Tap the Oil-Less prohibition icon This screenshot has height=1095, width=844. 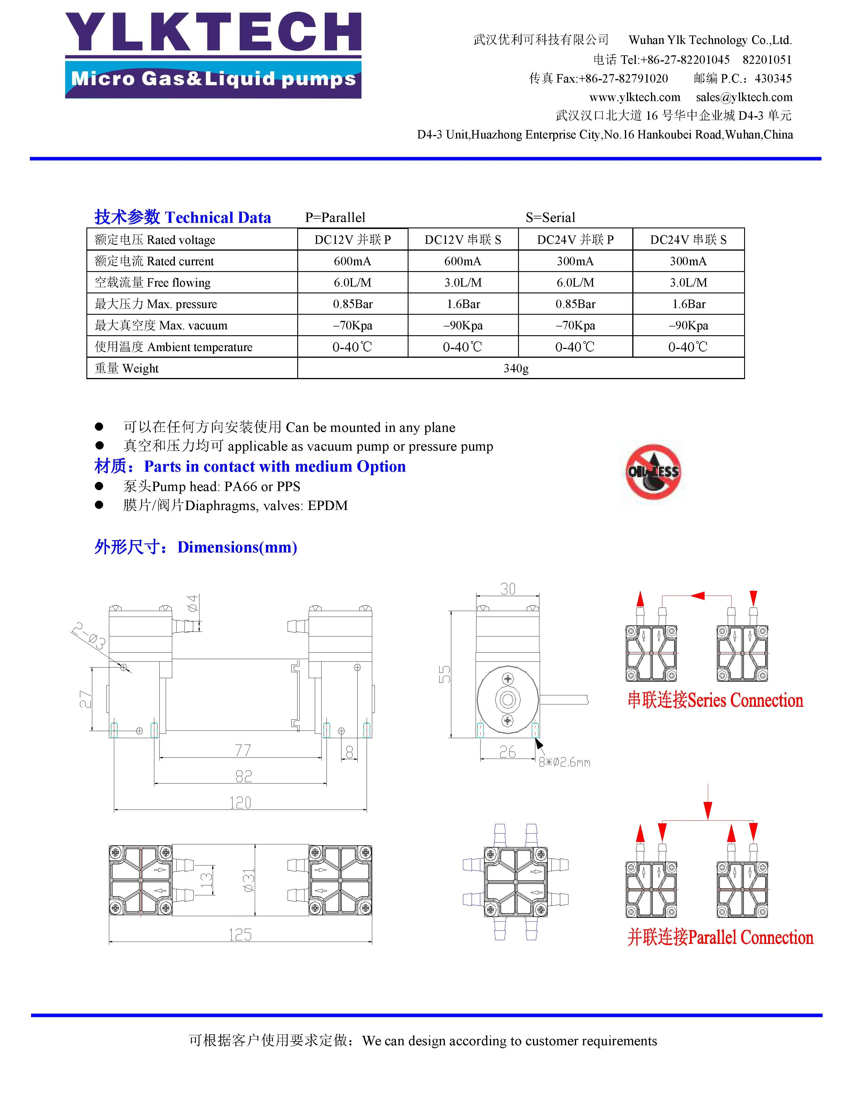pos(653,471)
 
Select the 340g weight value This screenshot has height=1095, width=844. pos(515,369)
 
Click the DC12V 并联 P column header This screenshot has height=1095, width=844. pos(353,240)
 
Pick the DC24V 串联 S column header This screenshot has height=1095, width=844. pos(688,240)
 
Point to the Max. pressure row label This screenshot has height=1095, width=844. pos(156,304)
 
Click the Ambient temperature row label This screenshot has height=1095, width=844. pos(173,347)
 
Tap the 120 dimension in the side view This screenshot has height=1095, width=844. pos(240,803)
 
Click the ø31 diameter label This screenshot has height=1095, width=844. pos(249,880)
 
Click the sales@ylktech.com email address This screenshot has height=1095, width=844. pos(744,97)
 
